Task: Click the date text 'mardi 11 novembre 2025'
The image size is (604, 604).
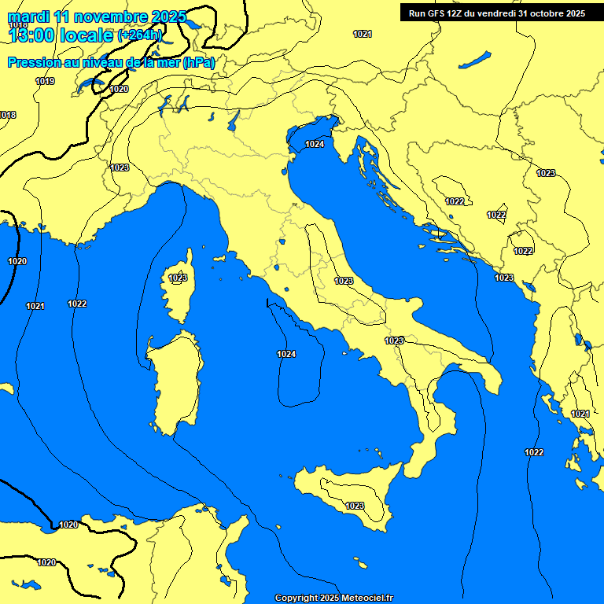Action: pos(97,17)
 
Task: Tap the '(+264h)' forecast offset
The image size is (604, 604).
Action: pos(139,35)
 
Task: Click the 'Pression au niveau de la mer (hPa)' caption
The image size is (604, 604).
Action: pos(111,62)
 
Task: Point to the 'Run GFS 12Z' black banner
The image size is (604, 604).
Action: pos(496,13)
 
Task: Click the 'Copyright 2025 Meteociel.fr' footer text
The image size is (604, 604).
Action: pos(333,598)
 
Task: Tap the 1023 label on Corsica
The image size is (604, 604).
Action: pos(178,278)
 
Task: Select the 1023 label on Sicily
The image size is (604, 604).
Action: pos(355,506)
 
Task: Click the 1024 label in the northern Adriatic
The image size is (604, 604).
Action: pos(315,144)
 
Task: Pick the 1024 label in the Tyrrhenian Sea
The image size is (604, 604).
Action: pos(286,355)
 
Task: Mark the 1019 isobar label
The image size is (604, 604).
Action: pos(45,81)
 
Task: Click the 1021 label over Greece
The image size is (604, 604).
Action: pos(580,414)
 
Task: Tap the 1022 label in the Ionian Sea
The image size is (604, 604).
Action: pos(534,452)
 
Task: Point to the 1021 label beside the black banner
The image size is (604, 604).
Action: pos(363,34)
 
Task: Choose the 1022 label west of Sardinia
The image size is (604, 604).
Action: pos(77,304)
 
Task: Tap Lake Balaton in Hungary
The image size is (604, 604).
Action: pos(475,60)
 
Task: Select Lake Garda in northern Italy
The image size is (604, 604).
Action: pos(234,120)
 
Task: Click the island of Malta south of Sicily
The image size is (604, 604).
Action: pos(361,564)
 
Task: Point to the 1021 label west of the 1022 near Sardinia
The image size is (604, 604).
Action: pos(35,306)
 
